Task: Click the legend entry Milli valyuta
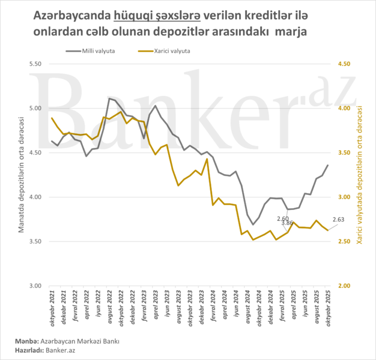click(98, 51)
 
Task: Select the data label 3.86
click(287, 224)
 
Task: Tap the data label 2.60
click(284, 218)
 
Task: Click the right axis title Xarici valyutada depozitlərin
click(360, 174)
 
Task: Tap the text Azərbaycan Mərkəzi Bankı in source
click(81, 341)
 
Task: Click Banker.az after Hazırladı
click(60, 350)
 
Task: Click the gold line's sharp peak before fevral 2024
click(207, 159)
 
